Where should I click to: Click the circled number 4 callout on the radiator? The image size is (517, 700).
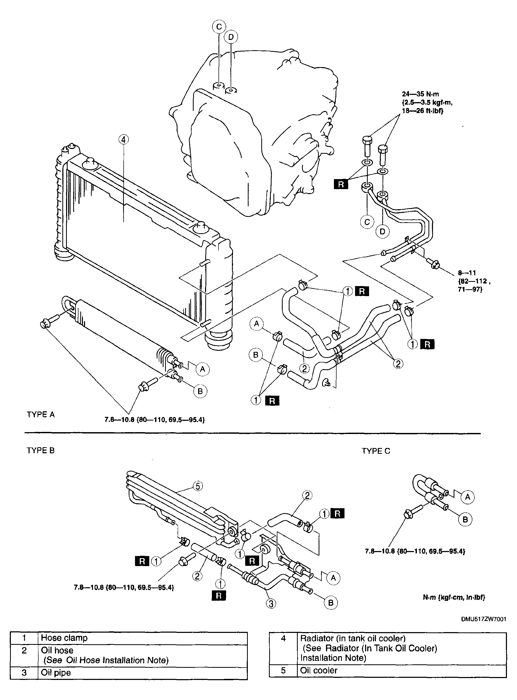point(124,139)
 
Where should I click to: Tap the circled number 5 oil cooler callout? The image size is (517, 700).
point(197,486)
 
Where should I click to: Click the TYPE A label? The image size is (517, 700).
point(41,415)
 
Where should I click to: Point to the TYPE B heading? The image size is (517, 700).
point(41,451)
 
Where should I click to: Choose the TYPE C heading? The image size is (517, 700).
point(376,451)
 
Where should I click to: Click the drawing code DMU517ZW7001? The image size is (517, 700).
point(483,619)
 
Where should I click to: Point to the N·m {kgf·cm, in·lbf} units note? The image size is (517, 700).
point(454,597)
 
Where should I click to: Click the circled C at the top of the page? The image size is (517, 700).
point(219,27)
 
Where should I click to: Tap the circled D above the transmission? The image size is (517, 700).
point(231,37)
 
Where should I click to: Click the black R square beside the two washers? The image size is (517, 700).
point(341,184)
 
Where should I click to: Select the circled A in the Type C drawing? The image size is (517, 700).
point(468,497)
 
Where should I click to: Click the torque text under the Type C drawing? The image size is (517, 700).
point(415,551)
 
